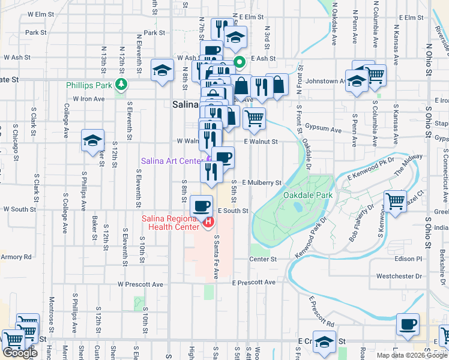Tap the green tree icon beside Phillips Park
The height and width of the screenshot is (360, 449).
(122, 85)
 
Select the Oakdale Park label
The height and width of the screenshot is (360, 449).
(308, 195)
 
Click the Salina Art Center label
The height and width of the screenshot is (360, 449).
(170, 161)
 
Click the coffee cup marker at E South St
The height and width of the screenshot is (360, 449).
(201, 206)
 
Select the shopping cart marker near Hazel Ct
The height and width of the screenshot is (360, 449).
(395, 201)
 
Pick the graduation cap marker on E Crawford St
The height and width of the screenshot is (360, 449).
(324, 342)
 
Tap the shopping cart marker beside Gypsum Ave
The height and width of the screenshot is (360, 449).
(254, 118)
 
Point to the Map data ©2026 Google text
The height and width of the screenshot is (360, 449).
(411, 355)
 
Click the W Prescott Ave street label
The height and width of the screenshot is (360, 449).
(140, 284)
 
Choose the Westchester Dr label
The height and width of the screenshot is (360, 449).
(399, 277)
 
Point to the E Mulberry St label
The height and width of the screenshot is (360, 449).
(262, 182)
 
